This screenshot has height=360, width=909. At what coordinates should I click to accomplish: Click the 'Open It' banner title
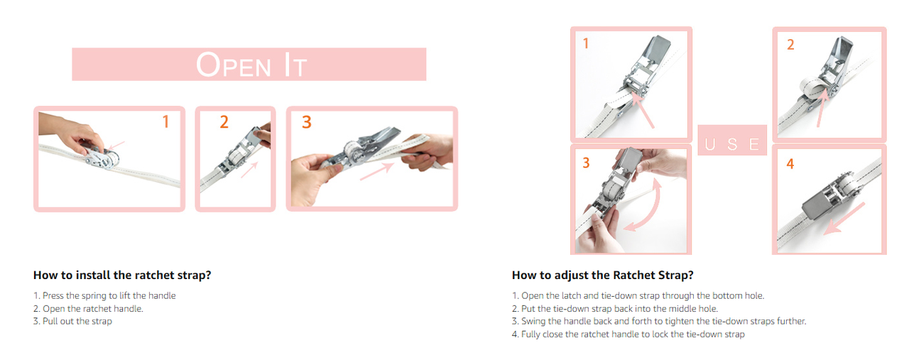coord(251,65)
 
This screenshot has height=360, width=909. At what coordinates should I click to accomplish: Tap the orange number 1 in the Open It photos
coord(165,121)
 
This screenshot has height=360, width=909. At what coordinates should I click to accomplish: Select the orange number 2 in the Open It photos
coord(224,121)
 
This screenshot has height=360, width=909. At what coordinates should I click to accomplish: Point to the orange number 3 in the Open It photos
coord(307,121)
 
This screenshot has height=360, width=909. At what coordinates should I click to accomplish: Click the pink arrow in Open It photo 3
coord(377,171)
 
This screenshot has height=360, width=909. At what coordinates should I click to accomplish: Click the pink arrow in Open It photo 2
coord(249,170)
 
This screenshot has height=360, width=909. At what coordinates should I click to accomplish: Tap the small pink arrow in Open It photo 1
coord(116,146)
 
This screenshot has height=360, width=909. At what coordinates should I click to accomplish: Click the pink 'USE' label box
coord(732,141)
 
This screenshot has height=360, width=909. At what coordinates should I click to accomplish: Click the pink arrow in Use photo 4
coord(844,219)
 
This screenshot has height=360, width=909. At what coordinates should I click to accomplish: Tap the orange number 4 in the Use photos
coord(790,163)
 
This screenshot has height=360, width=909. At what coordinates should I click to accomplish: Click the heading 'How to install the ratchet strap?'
coord(122,276)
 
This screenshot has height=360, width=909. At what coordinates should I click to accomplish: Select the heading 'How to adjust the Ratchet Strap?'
coord(603,276)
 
